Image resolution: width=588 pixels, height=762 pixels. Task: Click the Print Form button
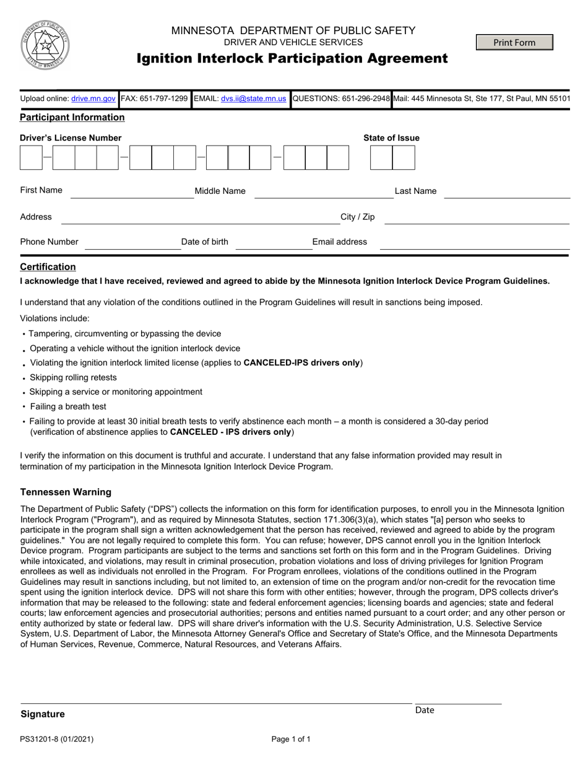tap(514, 42)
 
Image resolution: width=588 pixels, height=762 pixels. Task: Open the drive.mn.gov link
tap(93, 99)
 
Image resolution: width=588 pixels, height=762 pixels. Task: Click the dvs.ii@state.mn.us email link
tap(253, 99)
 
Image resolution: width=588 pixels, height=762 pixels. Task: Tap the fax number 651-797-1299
tap(154, 99)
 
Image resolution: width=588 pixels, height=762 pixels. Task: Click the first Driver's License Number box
tap(31, 158)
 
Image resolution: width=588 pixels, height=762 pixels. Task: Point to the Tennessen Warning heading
tap(66, 493)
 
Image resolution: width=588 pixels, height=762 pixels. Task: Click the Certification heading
tap(48, 267)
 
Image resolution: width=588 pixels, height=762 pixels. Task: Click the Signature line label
tap(43, 714)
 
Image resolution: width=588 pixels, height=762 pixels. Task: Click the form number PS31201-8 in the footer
tap(57, 739)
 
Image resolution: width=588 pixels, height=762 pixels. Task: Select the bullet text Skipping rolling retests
tap(73, 377)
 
